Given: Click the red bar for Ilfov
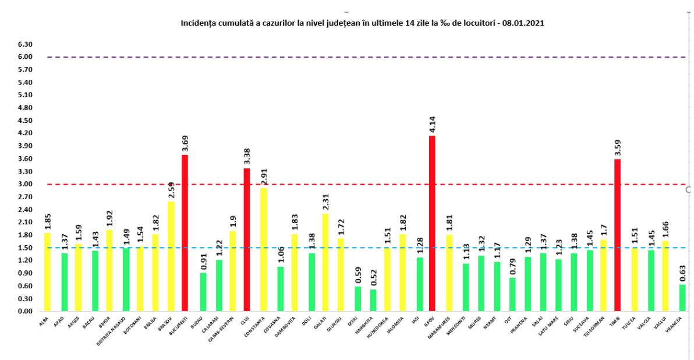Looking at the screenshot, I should (431, 224).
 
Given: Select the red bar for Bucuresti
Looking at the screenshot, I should (185, 233).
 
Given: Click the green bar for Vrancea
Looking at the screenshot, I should (682, 298).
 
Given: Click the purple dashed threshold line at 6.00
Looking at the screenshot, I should (349, 57).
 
